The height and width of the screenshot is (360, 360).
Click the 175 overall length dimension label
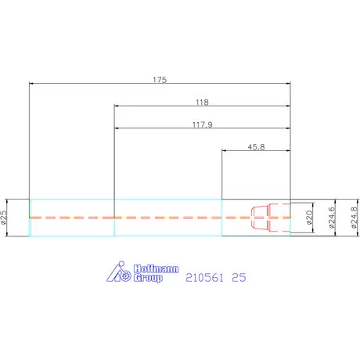160,80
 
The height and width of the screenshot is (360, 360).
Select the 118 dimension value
202,102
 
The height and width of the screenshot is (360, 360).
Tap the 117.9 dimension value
203,124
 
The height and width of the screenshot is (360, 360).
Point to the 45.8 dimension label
256,147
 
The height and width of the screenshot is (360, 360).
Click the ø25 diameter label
3,218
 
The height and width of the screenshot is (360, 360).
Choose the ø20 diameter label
309,218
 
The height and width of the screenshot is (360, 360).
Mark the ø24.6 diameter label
332,218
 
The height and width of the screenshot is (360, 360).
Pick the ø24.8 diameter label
354,218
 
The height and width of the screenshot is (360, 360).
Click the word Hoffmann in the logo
156,268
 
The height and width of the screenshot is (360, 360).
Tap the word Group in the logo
148,278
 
